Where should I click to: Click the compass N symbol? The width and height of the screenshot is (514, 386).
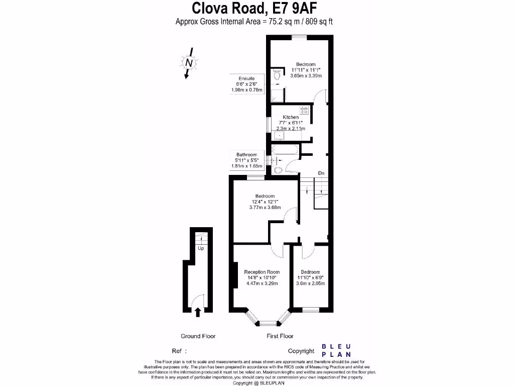pyautogui.click(x=189, y=63)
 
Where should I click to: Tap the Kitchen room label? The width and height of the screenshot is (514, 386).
pyautogui.click(x=291, y=117)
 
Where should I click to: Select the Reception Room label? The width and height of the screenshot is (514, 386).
pyautogui.click(x=262, y=272)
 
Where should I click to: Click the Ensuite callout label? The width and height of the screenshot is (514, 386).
pyautogui.click(x=246, y=78)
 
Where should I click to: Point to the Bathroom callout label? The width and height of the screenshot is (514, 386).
pyautogui.click(x=246, y=155)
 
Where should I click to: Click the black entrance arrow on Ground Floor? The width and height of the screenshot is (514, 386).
pyautogui.click(x=198, y=312)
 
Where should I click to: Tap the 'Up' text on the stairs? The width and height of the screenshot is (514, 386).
pyautogui.click(x=201, y=248)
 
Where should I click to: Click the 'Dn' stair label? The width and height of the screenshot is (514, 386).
pyautogui.click(x=321, y=173)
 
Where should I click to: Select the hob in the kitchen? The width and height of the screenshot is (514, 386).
pyautogui.click(x=304, y=110)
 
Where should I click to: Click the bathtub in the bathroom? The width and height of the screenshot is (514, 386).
pyautogui.click(x=285, y=149)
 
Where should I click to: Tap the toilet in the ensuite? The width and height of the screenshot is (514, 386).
pyautogui.click(x=277, y=75)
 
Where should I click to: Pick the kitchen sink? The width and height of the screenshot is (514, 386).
pyautogui.click(x=279, y=135)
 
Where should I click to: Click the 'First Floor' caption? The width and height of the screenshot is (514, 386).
pyautogui.click(x=280, y=336)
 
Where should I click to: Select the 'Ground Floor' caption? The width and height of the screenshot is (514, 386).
pyautogui.click(x=198, y=336)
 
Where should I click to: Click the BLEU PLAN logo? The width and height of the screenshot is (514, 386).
pyautogui.click(x=336, y=350)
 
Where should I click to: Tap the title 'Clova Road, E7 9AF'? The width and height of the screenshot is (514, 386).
pyautogui.click(x=254, y=8)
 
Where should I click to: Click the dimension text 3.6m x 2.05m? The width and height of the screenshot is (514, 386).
pyautogui.click(x=310, y=283)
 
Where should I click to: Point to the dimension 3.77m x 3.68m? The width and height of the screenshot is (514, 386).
pyautogui.click(x=265, y=208)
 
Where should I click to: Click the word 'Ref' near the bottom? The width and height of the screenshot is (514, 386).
pyautogui.click(x=177, y=351)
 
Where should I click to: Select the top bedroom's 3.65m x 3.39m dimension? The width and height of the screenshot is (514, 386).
pyautogui.click(x=306, y=75)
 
